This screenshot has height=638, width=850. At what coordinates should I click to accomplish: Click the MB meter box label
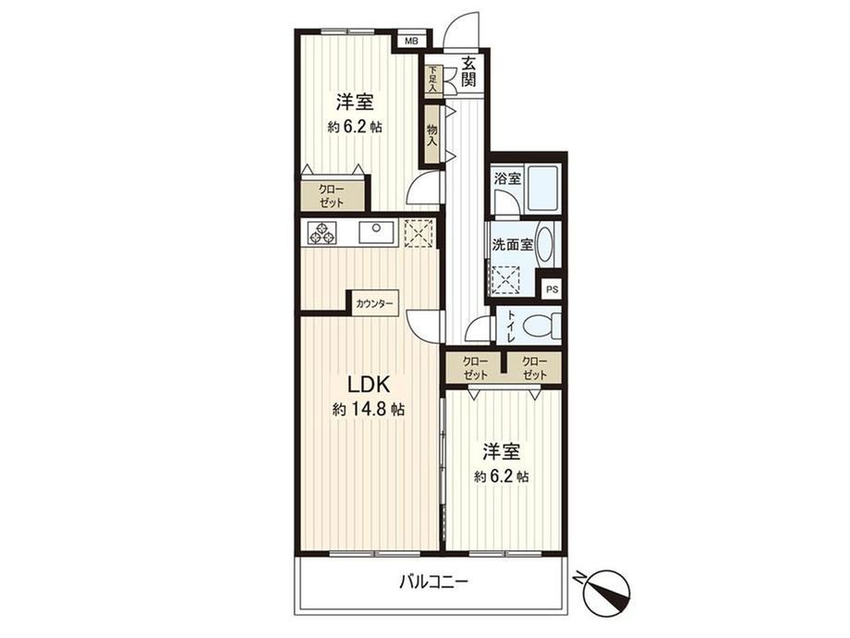coord(411,40)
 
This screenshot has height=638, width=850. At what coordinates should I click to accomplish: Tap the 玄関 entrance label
coord(468,71)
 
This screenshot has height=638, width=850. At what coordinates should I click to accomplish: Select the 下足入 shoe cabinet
coord(433,80)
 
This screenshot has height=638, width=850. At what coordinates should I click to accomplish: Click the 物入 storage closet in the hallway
coord(432,135)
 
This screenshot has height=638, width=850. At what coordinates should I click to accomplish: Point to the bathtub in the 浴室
coord(542,189)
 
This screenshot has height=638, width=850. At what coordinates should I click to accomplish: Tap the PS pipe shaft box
coord(552,289)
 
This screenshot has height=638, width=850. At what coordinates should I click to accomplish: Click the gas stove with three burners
coord(322,233)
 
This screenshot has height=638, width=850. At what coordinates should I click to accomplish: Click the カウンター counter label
coord(374,304)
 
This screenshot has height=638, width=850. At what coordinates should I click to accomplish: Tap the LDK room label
coord(368,385)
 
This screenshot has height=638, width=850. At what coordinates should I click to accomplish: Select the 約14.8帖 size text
coord(368,409)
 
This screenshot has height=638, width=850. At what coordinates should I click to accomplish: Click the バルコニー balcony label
coord(433,583)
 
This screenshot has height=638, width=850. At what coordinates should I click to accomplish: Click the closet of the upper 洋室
coord(331,196)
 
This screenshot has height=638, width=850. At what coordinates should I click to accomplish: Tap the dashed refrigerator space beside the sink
coord(418,233)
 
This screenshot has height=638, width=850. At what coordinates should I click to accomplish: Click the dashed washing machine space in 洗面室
coord(504,279)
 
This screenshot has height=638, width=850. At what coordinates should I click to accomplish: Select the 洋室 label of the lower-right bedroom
coord(502,451)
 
